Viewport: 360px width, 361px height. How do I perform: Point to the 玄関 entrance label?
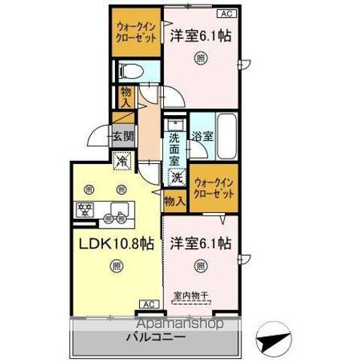124,137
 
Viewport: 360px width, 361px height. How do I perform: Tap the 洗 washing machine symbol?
177,179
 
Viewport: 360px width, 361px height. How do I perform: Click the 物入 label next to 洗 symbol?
174,201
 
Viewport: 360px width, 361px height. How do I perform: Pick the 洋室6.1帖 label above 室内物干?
200,244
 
